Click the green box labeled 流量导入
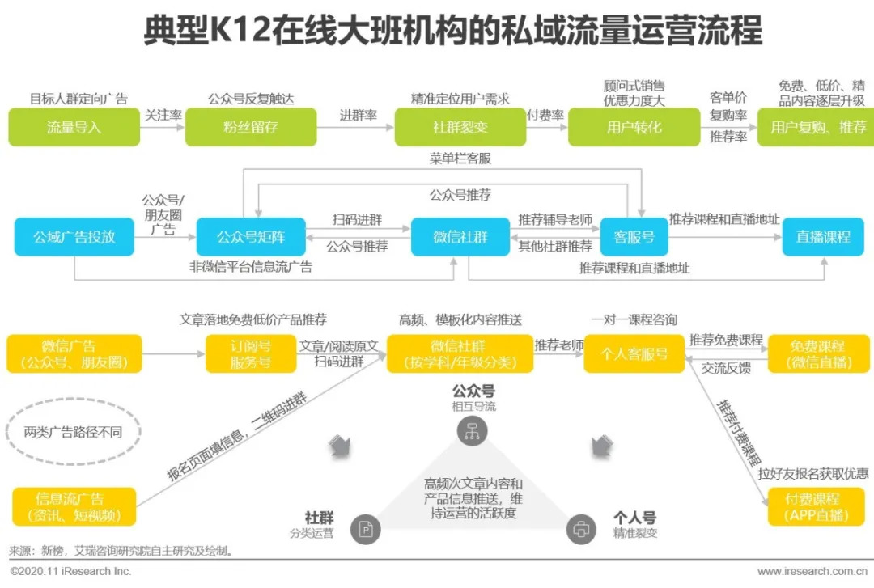tap(73, 127)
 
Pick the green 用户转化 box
tap(634, 127)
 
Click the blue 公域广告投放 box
tap(74, 237)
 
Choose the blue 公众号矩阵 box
tap(251, 237)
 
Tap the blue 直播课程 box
tap(823, 237)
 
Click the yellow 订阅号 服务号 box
tap(250, 354)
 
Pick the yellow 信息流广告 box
tap(74, 506)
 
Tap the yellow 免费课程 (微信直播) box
tap(817, 354)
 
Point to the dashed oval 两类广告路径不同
tap(73, 432)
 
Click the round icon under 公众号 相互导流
tap(469, 432)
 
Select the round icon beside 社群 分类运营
tap(366, 530)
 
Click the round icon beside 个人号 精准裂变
tap(580, 530)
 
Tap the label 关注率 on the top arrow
tap(163, 116)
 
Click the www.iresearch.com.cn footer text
tap(812, 572)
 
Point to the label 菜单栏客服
tap(460, 159)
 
